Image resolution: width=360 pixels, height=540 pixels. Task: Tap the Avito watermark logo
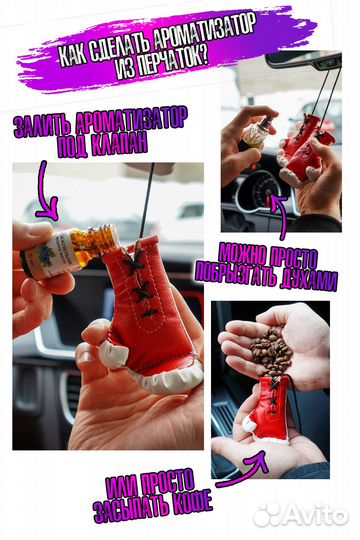pos(301,514)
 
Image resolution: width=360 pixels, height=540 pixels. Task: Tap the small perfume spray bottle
pos(259,132)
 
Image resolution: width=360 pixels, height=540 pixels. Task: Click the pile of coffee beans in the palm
pos(271,351)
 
